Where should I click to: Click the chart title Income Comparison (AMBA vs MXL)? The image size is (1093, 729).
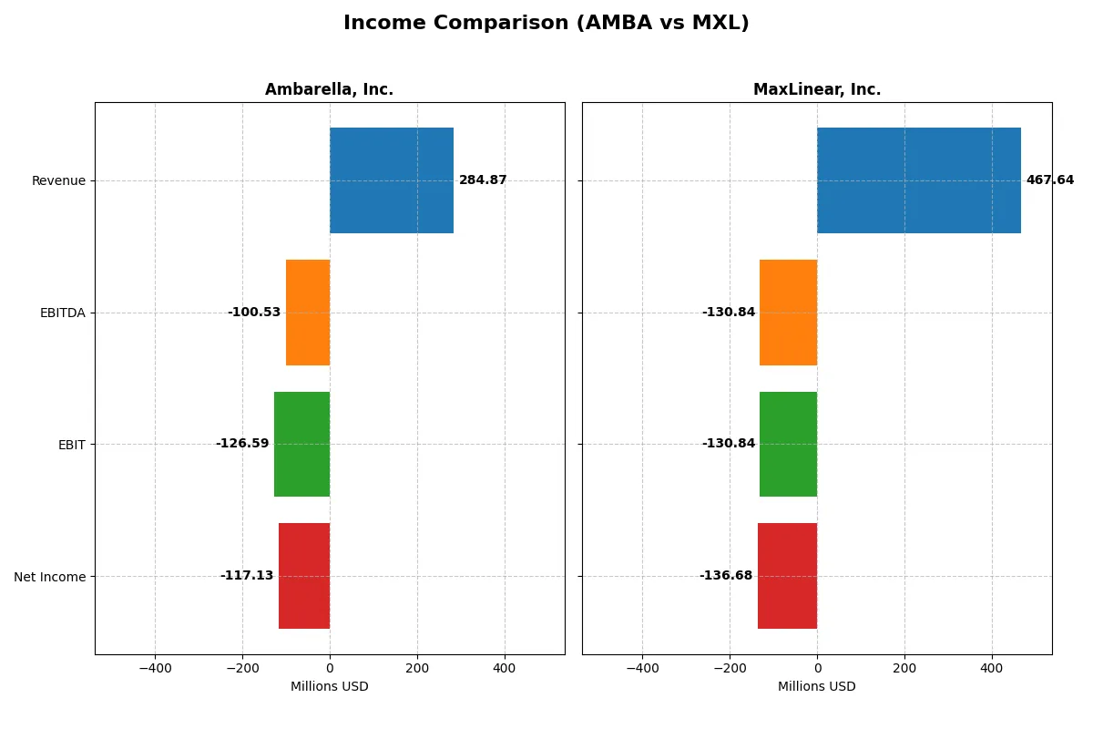[546, 24]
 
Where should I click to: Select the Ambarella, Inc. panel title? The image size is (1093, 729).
[329, 89]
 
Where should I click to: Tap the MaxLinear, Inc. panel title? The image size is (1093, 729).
[816, 89]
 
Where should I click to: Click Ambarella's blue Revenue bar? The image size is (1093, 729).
[392, 180]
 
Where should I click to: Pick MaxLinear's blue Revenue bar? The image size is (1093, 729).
[918, 180]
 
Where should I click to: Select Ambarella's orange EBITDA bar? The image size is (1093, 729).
[308, 313]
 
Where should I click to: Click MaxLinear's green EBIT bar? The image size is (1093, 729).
[788, 444]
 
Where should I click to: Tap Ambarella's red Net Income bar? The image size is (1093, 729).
[304, 576]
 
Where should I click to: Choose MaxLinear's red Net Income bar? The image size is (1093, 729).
[787, 576]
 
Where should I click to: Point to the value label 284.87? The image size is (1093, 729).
[483, 180]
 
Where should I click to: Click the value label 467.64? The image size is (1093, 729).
[1049, 180]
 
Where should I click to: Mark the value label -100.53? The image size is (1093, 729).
[254, 313]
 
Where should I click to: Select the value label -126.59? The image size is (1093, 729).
[242, 444]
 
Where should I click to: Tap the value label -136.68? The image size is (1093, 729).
[726, 576]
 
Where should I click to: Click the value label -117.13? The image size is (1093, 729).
[247, 576]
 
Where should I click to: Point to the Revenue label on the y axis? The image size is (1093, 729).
[58, 180]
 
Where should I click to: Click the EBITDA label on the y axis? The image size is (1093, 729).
[62, 313]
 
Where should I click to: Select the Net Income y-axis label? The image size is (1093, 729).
[50, 576]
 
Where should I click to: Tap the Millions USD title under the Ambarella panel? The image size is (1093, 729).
[329, 686]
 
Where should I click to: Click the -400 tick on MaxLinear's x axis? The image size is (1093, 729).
[642, 668]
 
